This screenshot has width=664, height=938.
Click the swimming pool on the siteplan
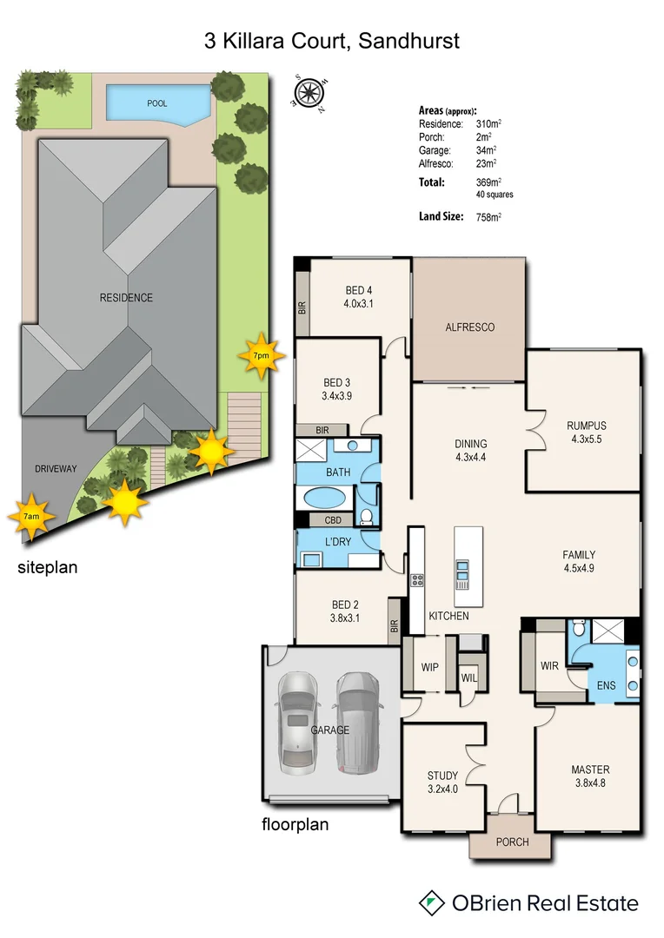point(157,104)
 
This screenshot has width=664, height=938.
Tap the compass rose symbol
point(309,90)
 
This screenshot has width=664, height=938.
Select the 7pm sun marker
point(260,354)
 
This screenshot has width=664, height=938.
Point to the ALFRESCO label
point(469,327)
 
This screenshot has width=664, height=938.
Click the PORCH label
point(511,842)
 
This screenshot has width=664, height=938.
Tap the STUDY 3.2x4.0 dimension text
point(442,789)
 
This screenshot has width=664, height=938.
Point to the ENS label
point(606,685)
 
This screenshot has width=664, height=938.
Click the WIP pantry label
point(430,669)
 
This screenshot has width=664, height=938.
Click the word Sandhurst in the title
point(413,40)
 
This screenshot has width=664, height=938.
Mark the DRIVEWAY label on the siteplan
point(56,469)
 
